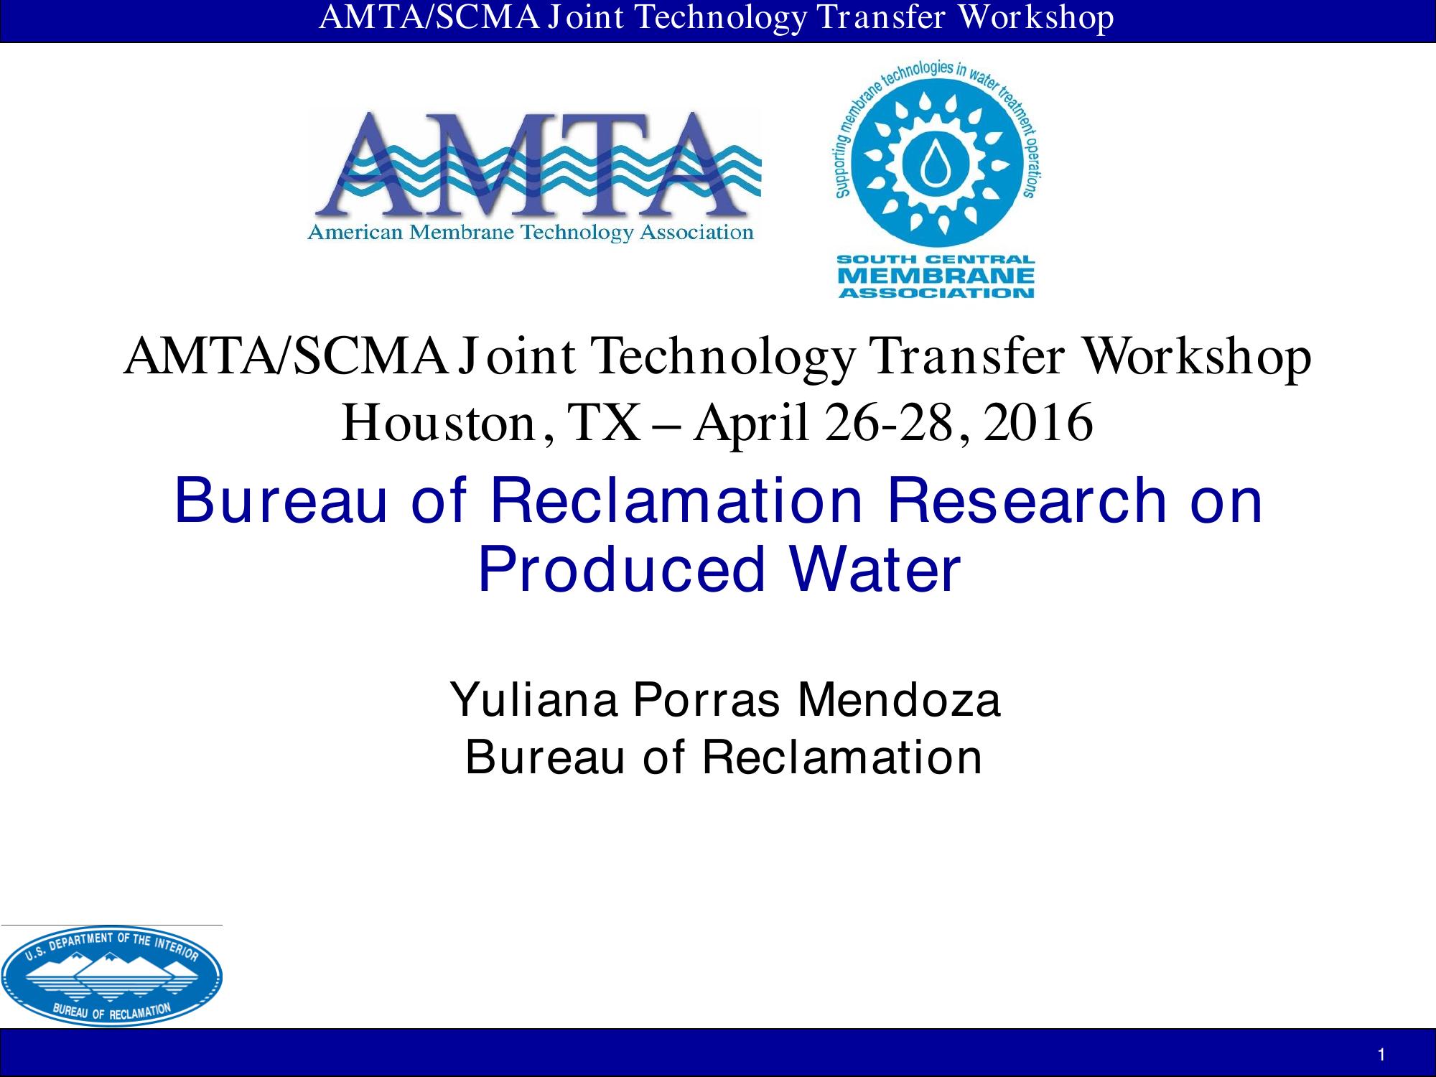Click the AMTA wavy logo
[x=535, y=176]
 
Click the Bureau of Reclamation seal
[x=111, y=976]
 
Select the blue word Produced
[x=622, y=570]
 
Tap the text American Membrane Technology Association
[x=531, y=232]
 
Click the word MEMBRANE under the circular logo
[x=936, y=276]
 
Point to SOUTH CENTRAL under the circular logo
[x=936, y=259]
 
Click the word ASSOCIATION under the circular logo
[x=936, y=292]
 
